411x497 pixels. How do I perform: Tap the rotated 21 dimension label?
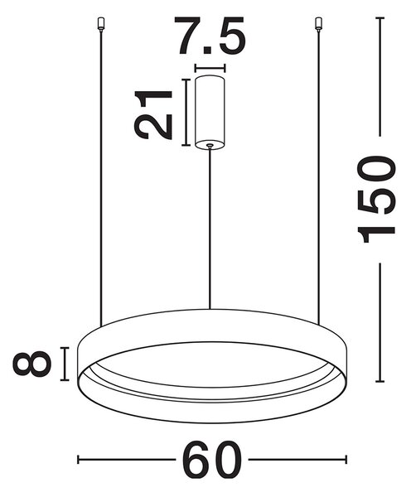coord(153,114)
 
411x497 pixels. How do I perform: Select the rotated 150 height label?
coord(376,199)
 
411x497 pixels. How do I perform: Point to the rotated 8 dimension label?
coord(31,364)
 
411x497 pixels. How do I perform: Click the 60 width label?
coord(213,460)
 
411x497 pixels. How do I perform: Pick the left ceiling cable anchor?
coord(100,24)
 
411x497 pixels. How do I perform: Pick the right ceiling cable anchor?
coord(317,24)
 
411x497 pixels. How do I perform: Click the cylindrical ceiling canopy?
coord(210,112)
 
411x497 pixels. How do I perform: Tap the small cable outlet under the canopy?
coord(210,146)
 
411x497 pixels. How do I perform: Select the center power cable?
coord(210,229)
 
